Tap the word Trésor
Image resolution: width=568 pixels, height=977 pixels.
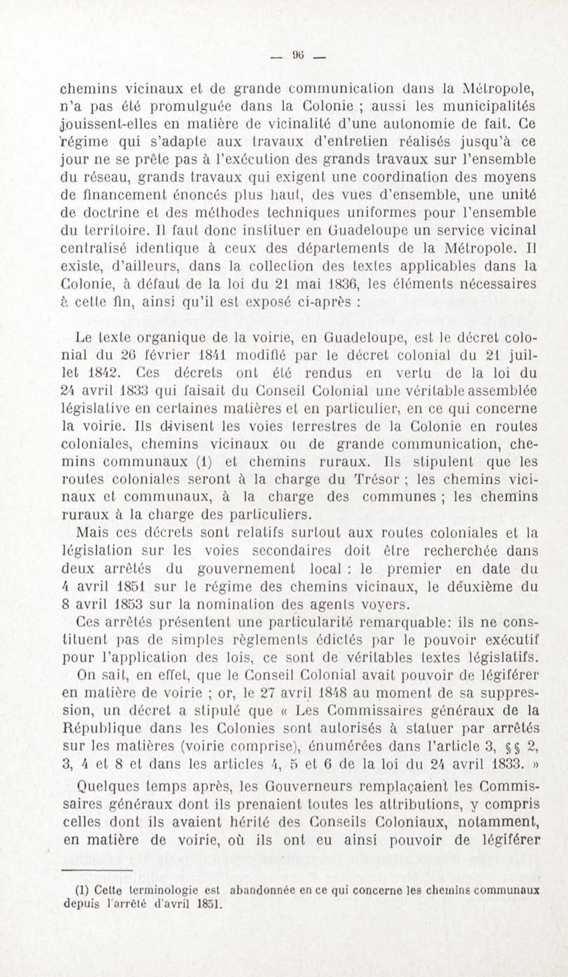coord(377,480)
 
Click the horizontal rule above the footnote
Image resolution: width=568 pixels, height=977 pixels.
coord(97,870)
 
